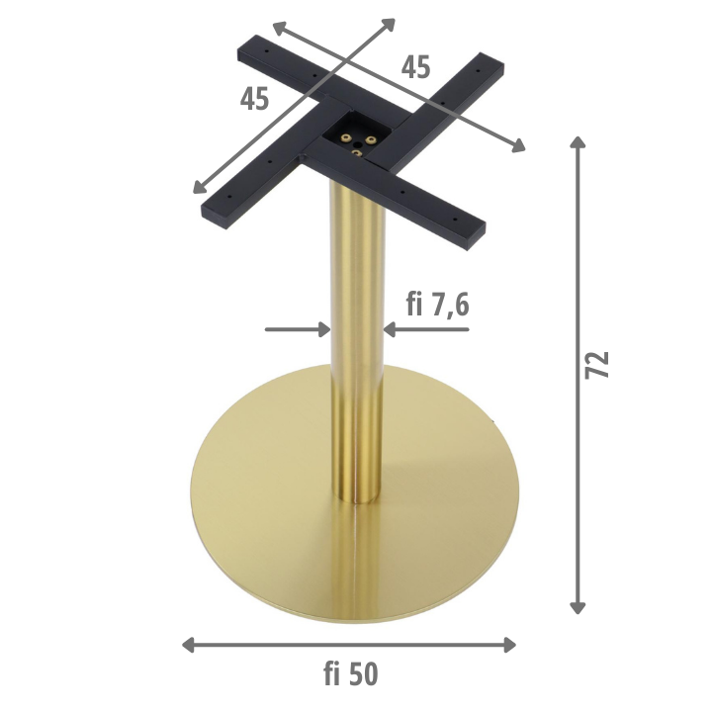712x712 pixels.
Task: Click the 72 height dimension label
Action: [x=596, y=365]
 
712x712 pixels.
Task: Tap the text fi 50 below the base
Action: [x=350, y=673]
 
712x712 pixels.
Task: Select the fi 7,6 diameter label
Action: [x=437, y=305]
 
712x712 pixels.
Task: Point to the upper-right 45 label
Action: [x=415, y=67]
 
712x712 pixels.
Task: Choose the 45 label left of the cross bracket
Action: [x=254, y=99]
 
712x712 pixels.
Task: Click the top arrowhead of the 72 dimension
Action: [x=578, y=141]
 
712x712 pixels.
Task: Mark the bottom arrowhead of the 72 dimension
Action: [x=578, y=607]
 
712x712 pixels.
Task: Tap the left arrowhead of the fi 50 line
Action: [x=189, y=645]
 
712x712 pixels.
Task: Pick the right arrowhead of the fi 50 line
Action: [x=509, y=645]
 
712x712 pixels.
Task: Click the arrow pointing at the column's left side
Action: [x=298, y=329]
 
